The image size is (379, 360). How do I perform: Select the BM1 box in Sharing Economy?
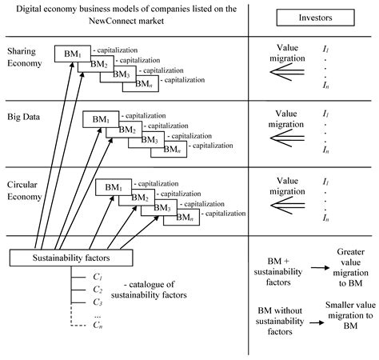68,53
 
